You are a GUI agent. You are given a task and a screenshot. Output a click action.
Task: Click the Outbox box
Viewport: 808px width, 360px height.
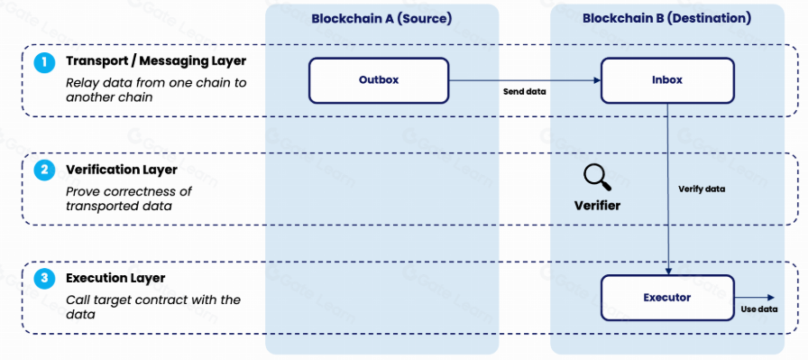coord(379,80)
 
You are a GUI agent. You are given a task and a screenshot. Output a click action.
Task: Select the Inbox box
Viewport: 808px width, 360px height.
coord(668,80)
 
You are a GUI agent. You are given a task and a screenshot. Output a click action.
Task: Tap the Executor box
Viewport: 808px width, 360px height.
coord(668,298)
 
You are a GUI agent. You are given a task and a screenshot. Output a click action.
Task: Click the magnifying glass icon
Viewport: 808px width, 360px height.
coord(597,178)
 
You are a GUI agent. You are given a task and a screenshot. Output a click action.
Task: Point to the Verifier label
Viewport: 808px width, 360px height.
coord(597,206)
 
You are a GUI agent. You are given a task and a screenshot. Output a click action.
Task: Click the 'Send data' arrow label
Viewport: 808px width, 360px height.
coord(524,92)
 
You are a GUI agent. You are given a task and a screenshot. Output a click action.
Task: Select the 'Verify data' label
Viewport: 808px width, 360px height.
coord(702,189)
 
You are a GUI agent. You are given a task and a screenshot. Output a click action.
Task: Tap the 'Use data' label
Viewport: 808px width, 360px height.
coord(759,309)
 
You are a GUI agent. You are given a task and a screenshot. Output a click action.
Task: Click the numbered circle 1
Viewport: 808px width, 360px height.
coord(44,62)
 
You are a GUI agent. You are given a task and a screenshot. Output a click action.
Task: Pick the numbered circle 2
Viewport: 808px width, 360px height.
coord(44,171)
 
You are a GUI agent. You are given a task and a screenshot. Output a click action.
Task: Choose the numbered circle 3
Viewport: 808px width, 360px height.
coord(44,279)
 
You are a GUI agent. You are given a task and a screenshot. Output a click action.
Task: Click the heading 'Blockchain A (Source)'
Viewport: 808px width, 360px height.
coord(381,19)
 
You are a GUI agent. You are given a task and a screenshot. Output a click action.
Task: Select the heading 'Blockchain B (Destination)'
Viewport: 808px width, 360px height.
coord(666,19)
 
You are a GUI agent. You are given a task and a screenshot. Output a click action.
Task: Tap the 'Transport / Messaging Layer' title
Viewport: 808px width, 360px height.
coord(156,60)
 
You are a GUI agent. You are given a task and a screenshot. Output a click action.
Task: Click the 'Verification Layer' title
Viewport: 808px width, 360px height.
coord(122,169)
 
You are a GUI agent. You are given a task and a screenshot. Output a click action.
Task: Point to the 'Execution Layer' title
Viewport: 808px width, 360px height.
coord(115,278)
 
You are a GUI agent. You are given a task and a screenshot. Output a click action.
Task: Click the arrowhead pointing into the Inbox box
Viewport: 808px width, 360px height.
coord(597,80)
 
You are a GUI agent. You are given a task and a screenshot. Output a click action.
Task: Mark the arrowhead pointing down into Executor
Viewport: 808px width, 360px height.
coord(668,271)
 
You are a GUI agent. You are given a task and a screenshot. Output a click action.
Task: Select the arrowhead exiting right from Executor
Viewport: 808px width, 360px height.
coord(771,297)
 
